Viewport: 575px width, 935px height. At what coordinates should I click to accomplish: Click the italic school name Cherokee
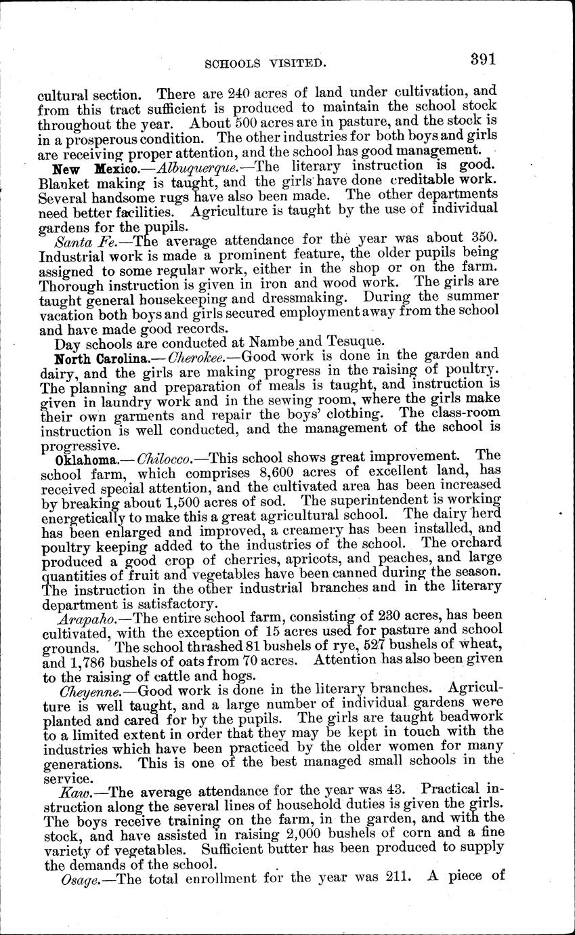click(198, 356)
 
